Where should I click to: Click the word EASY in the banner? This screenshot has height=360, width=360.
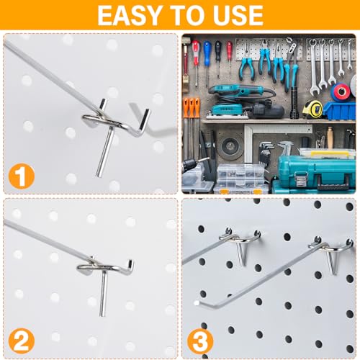(129, 15)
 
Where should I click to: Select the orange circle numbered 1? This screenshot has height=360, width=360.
(22, 176)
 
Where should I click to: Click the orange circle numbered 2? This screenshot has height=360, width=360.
(22, 341)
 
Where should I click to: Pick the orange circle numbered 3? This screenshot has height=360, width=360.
(200, 342)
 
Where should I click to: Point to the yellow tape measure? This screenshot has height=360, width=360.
(312, 109)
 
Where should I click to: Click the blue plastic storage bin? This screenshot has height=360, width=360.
(339, 111)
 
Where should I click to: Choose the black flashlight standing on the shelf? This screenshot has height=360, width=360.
(294, 103)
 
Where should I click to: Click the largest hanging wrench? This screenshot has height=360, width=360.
(314, 67)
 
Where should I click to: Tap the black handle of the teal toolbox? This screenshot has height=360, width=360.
(333, 181)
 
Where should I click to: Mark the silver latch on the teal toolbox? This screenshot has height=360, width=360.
(300, 179)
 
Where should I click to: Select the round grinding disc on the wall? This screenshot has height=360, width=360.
(230, 145)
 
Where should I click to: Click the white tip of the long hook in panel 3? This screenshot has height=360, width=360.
(197, 303)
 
